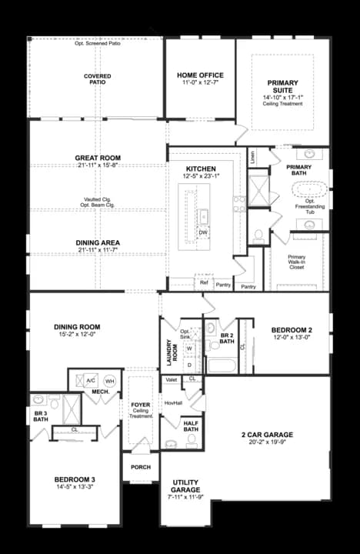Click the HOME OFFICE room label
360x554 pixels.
click(200, 75)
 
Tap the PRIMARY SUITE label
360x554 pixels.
click(282, 87)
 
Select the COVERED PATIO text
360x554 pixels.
click(98, 80)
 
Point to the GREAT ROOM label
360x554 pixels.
click(98, 158)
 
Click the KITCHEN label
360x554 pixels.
click(201, 169)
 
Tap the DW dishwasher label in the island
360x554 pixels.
click(203, 232)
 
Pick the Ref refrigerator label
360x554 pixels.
click(204, 283)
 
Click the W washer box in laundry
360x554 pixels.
click(188, 348)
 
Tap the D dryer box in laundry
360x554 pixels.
click(188, 363)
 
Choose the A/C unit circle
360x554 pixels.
click(91, 380)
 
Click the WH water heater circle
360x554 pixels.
click(109, 380)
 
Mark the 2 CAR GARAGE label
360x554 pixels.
click(267, 435)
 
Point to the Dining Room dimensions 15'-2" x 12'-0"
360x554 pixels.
click(77, 335)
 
